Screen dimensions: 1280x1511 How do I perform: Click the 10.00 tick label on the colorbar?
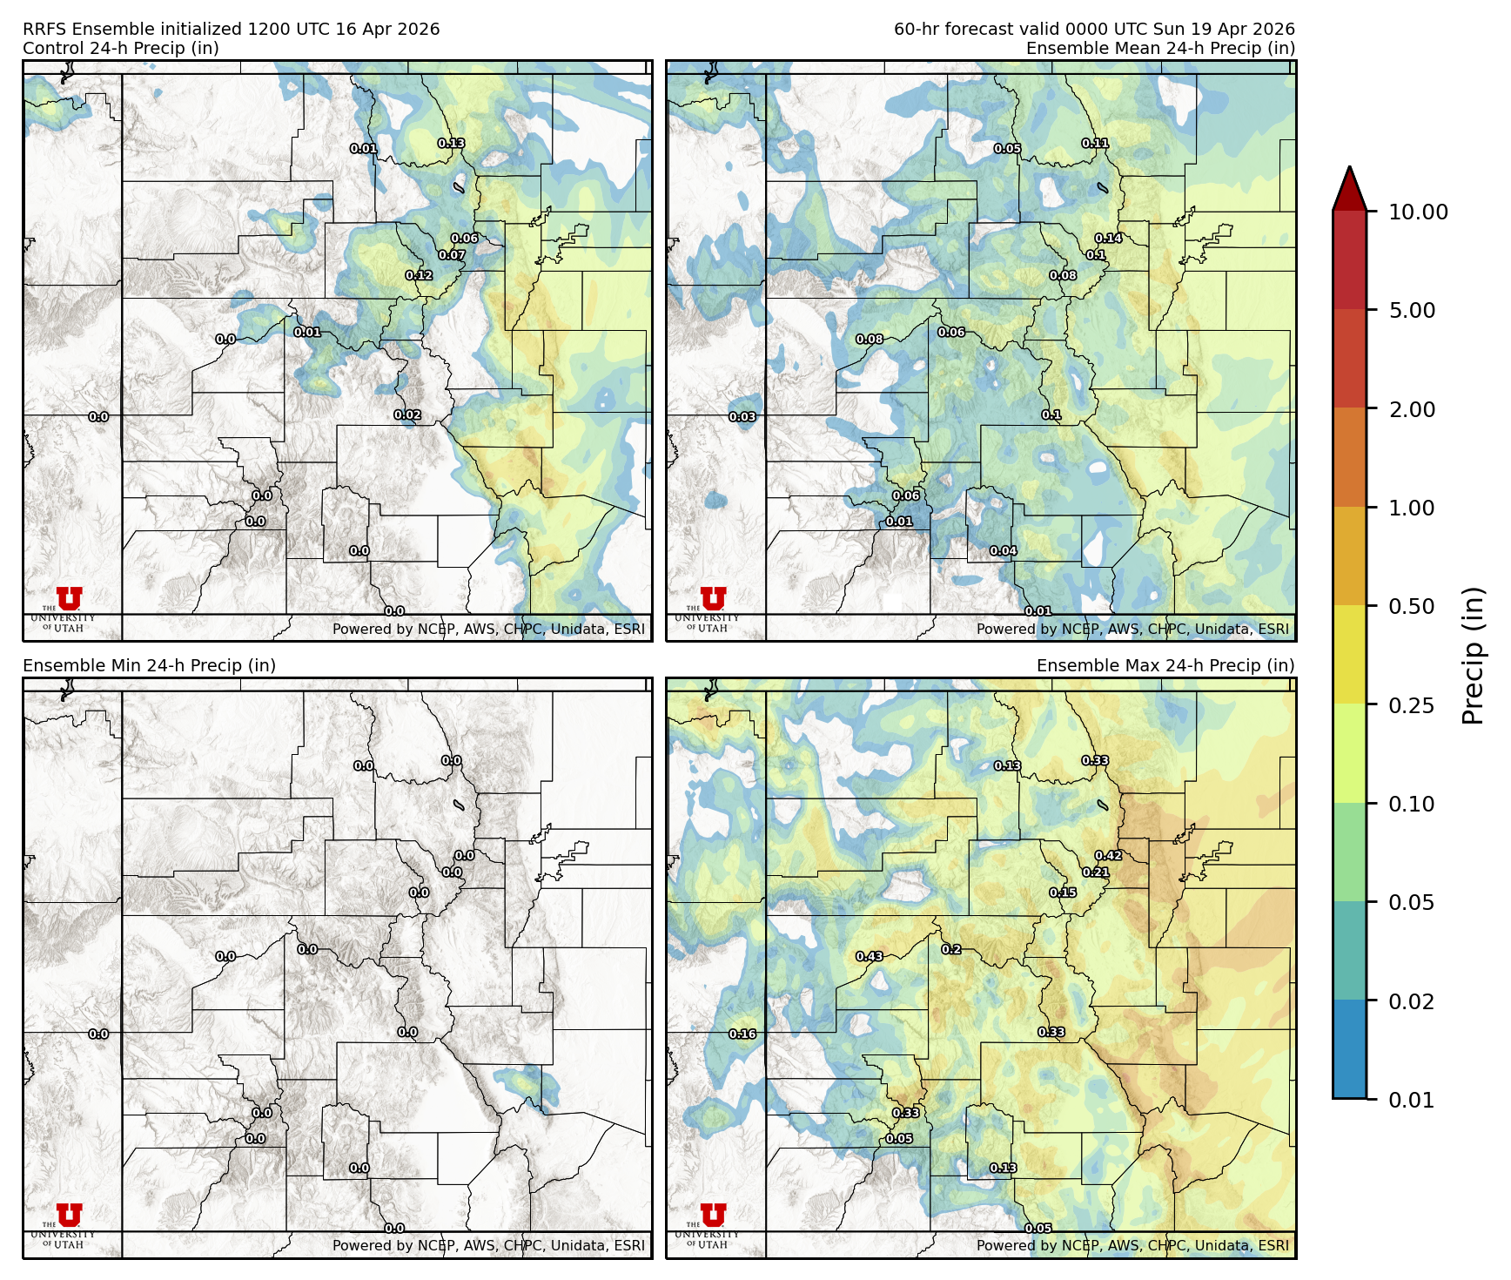tap(1418, 212)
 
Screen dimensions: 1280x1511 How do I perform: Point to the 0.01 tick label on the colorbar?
tap(1411, 1100)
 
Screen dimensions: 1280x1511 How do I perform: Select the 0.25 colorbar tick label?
tap(1411, 705)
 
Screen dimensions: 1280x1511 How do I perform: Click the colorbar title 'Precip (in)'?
tap(1473, 655)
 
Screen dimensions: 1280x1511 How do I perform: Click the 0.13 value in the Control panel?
tap(451, 143)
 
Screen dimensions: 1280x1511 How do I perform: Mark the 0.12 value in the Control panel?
tap(419, 275)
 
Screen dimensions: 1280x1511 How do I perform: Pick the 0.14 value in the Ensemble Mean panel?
tap(1108, 238)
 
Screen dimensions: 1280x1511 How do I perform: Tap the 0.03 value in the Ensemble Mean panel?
tap(742, 417)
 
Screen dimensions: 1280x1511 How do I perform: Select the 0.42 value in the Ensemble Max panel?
tap(1108, 855)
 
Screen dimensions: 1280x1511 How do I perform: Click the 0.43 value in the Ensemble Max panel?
tap(870, 956)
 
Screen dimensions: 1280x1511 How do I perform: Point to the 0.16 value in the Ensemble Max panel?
tap(742, 1034)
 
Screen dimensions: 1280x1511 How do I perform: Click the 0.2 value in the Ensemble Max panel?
tap(951, 949)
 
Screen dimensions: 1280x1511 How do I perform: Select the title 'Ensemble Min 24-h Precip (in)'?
tap(149, 665)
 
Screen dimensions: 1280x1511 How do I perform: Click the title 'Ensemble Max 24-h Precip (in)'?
tap(1165, 665)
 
